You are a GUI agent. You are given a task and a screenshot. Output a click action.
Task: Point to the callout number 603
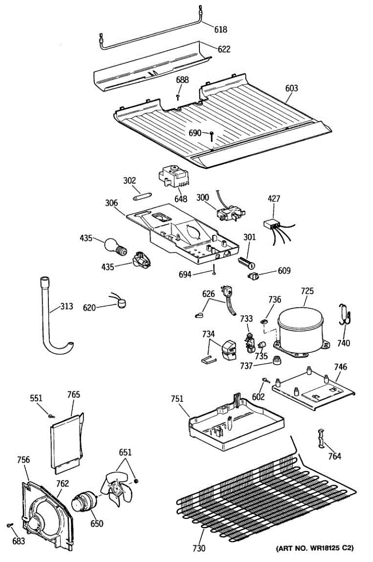point(291,88)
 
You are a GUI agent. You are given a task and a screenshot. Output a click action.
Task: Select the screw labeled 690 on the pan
point(212,135)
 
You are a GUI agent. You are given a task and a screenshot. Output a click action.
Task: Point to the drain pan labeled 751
point(235,419)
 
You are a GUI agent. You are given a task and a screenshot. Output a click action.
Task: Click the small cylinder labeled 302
point(141,195)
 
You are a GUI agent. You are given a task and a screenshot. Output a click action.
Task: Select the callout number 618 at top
point(221,30)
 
